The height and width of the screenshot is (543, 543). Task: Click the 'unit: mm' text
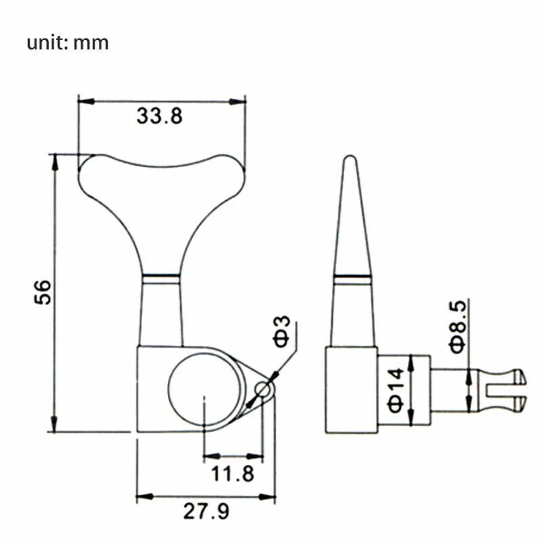(67, 43)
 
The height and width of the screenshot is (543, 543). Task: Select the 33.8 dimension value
(159, 116)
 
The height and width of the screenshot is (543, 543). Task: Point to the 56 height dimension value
(42, 292)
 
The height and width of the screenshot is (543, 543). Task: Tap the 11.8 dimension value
(232, 473)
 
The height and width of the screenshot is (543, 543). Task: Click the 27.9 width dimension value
(206, 511)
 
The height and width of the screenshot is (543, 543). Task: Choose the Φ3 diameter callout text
(282, 331)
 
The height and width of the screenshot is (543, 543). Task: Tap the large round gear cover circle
(204, 389)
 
